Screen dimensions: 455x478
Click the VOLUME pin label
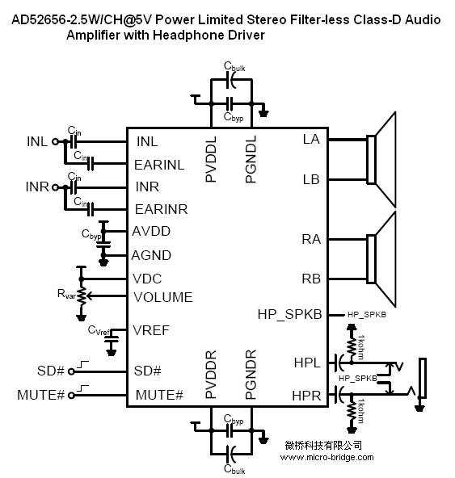163,297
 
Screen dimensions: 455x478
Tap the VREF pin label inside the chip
151,330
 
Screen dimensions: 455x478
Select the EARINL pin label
159,165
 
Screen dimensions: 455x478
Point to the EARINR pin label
161,209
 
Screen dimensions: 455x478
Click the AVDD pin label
151,232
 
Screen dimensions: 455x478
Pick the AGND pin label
151,255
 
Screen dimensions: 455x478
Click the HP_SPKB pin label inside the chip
289,315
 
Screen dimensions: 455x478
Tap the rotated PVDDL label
211,159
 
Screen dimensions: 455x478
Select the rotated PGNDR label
251,375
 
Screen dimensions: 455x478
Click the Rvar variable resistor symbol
82,296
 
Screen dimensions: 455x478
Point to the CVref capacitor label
99,330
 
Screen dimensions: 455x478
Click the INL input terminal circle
55,141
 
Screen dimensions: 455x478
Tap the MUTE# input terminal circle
71,396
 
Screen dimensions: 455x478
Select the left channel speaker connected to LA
381,160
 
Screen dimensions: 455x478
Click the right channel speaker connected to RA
381,259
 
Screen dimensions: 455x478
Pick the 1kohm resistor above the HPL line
352,347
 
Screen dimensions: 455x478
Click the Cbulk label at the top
234,66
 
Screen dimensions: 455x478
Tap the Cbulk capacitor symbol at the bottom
231,454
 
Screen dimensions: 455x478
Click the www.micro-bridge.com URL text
327,457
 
